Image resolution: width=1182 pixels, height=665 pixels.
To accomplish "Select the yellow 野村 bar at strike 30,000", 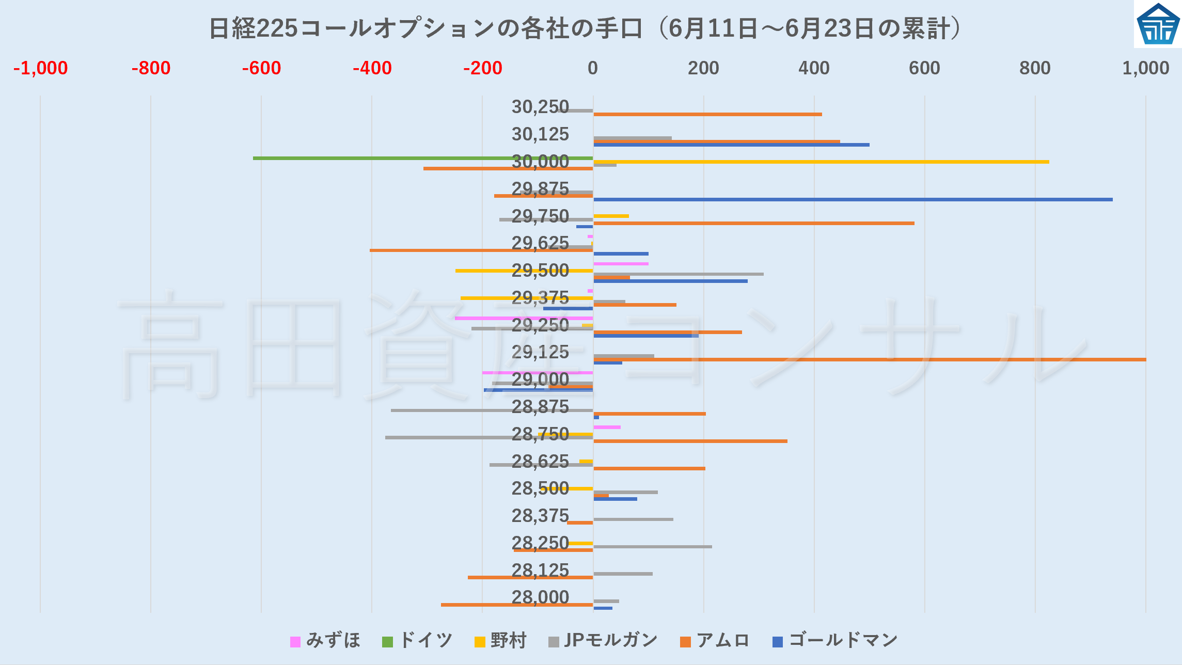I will [x=821, y=162].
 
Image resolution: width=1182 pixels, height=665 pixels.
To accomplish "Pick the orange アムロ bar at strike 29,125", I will [x=870, y=359].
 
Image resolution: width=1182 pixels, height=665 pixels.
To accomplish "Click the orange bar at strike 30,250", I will [x=707, y=114].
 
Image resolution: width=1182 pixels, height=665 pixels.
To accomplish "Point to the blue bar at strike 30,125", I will [x=731, y=145].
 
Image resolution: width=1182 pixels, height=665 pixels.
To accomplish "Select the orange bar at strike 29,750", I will [x=754, y=223].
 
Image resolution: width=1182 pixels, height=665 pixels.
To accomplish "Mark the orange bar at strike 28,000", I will [x=516, y=605].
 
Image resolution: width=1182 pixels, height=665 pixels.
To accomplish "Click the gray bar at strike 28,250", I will [x=653, y=546].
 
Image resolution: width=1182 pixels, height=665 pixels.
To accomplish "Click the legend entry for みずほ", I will [x=325, y=641].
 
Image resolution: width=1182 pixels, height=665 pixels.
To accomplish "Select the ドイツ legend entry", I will [x=417, y=641].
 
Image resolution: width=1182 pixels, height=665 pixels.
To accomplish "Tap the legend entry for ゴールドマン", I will [x=835, y=641].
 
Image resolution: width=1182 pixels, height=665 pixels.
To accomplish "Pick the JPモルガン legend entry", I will [x=603, y=641].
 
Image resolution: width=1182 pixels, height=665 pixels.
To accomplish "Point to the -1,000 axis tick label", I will [x=40, y=68].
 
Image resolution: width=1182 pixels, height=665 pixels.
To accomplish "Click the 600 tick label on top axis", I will [x=924, y=68].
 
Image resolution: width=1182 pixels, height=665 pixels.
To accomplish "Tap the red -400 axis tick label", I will [x=372, y=68].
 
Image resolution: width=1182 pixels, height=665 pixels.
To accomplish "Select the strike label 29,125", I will [x=540, y=352].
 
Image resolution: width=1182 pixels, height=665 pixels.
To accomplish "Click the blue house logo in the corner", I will [x=1158, y=24].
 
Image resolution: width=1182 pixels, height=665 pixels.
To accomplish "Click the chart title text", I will [x=585, y=28].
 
